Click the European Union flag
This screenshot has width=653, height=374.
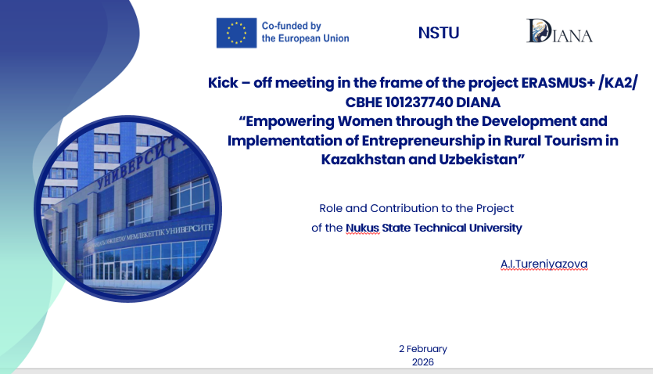pos(236,33)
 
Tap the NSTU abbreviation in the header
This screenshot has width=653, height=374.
pos(439,33)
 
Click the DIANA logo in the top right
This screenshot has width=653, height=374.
pos(559,31)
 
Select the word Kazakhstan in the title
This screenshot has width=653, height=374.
pos(363,160)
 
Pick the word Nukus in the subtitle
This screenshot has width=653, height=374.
pos(362,228)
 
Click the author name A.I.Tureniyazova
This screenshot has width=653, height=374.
pos(544,264)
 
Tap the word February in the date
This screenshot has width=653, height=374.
pos(426,349)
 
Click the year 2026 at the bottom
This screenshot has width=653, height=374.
pos(423,362)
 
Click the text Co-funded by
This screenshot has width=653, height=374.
pos(291,26)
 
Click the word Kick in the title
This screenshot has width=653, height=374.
pos(223,83)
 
